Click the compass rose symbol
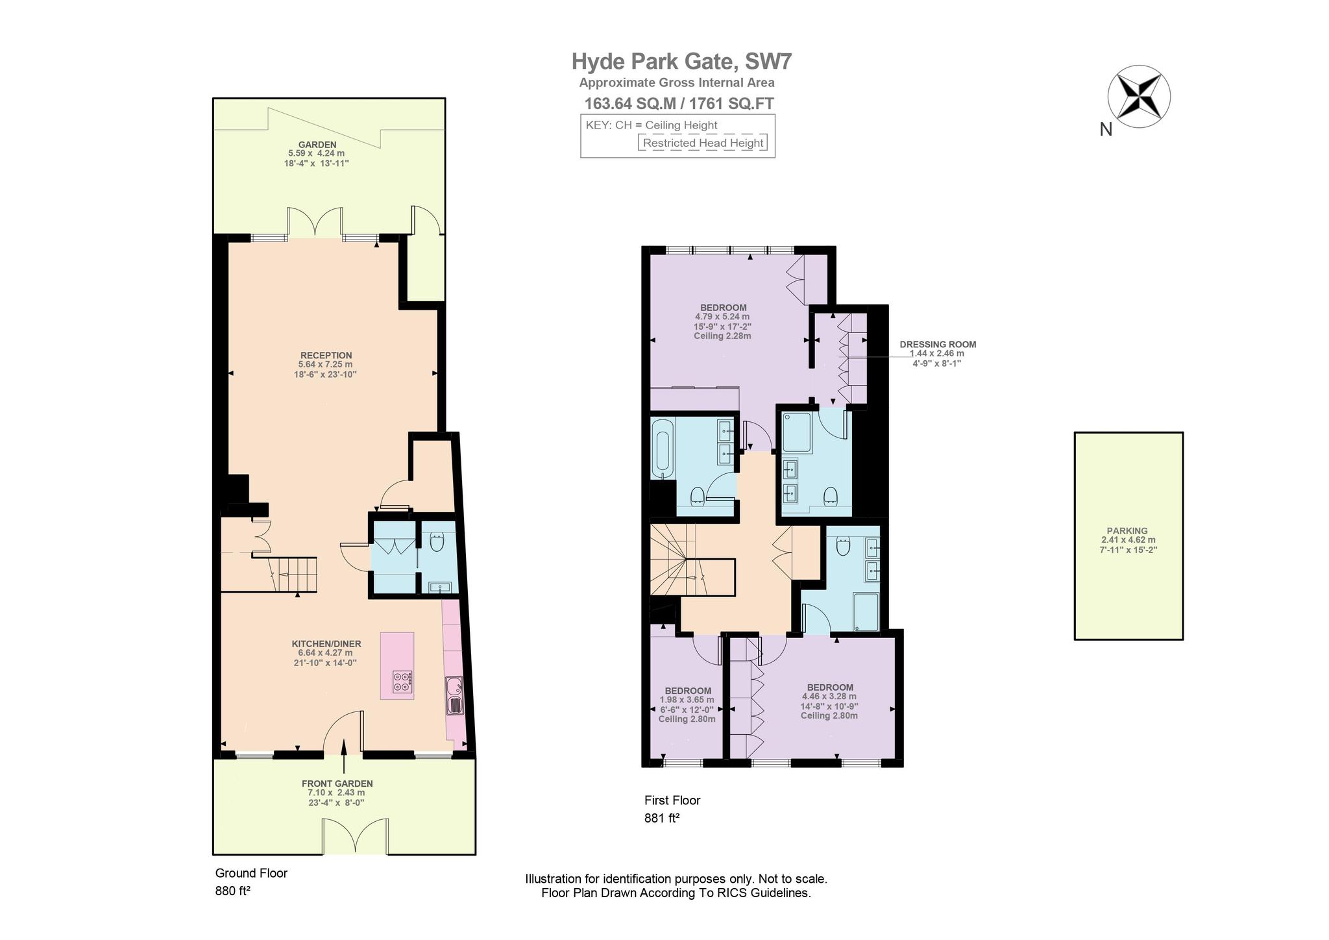click(x=1139, y=97)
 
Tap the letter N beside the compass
click(x=1106, y=130)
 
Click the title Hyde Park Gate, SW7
click(x=681, y=62)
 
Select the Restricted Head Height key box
click(x=703, y=143)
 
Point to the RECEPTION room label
click(x=326, y=355)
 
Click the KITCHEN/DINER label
click(x=326, y=644)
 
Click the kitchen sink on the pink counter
click(x=454, y=695)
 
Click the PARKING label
click(x=1128, y=530)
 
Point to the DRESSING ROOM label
click(x=938, y=345)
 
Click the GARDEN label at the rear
click(x=317, y=144)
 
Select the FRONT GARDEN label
click(x=337, y=784)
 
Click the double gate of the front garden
click(x=355, y=836)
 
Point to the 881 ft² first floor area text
click(x=662, y=819)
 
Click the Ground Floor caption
click(x=251, y=873)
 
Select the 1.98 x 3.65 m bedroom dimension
click(x=687, y=700)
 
